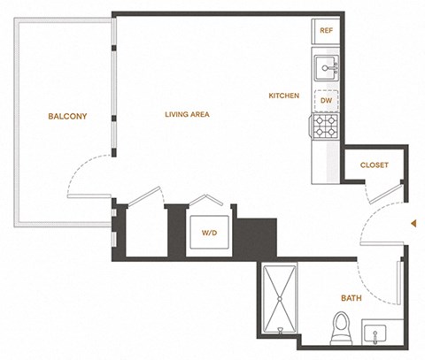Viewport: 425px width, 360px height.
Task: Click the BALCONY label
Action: [67, 116]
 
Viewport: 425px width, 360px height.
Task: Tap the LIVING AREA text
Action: [187, 114]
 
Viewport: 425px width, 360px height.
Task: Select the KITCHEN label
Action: [284, 96]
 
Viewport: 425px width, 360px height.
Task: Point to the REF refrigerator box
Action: [326, 31]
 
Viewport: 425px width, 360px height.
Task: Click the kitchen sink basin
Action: [326, 68]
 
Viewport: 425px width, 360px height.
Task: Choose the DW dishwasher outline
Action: [326, 101]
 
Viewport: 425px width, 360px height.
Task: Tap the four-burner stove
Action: [325, 126]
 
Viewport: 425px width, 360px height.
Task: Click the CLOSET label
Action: [375, 165]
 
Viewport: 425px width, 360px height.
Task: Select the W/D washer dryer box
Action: [209, 233]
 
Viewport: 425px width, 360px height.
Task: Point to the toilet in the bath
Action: [342, 329]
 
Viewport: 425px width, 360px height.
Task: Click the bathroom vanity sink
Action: [375, 333]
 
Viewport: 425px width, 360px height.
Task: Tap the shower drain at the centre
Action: [280, 299]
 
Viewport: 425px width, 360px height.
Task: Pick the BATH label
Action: [352, 298]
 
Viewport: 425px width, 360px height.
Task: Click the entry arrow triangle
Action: [413, 224]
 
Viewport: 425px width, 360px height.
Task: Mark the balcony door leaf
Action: [89, 195]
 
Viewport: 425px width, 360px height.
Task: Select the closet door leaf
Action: [386, 194]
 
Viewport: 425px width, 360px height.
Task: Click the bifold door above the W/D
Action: [206, 200]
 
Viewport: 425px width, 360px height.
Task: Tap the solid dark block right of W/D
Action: [257, 238]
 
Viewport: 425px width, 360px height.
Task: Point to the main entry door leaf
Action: [382, 243]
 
